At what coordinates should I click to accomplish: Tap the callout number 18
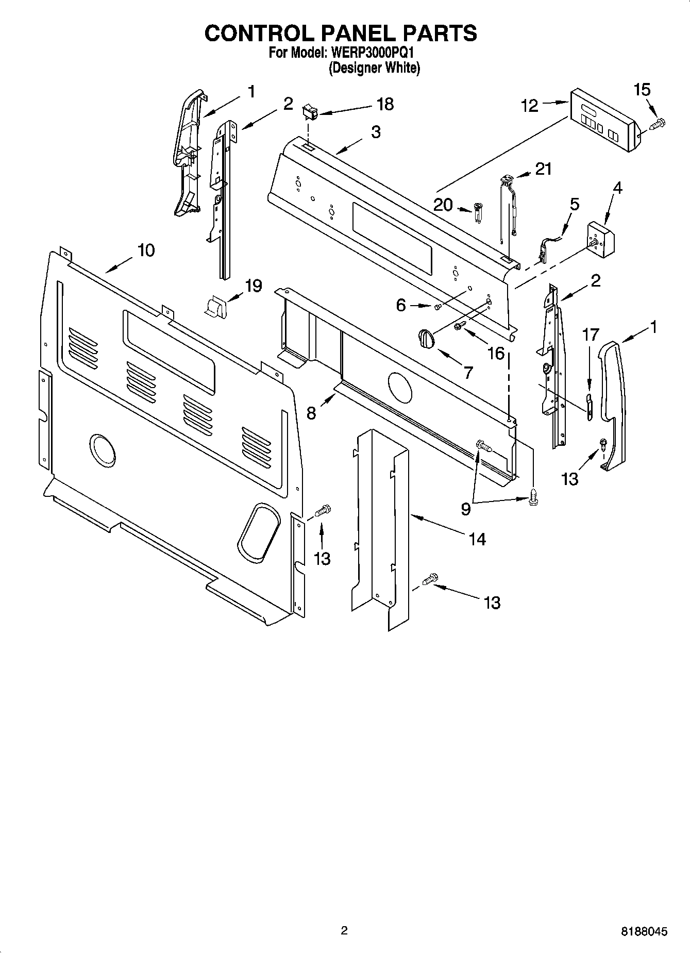tap(385, 104)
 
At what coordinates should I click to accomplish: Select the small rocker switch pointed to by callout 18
tap(309, 110)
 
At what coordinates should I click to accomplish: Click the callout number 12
tap(529, 105)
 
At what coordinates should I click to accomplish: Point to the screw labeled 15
tap(658, 124)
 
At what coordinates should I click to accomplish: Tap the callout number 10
tap(146, 250)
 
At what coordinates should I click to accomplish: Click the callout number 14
tap(477, 539)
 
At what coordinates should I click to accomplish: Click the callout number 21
tap(543, 169)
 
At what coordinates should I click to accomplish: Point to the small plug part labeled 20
tap(478, 212)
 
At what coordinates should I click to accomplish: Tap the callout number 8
tap(311, 412)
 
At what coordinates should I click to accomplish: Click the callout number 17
tap(591, 335)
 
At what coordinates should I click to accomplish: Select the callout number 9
tap(465, 509)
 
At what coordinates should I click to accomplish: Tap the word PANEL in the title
tap(349, 33)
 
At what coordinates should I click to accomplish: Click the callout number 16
tap(496, 353)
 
